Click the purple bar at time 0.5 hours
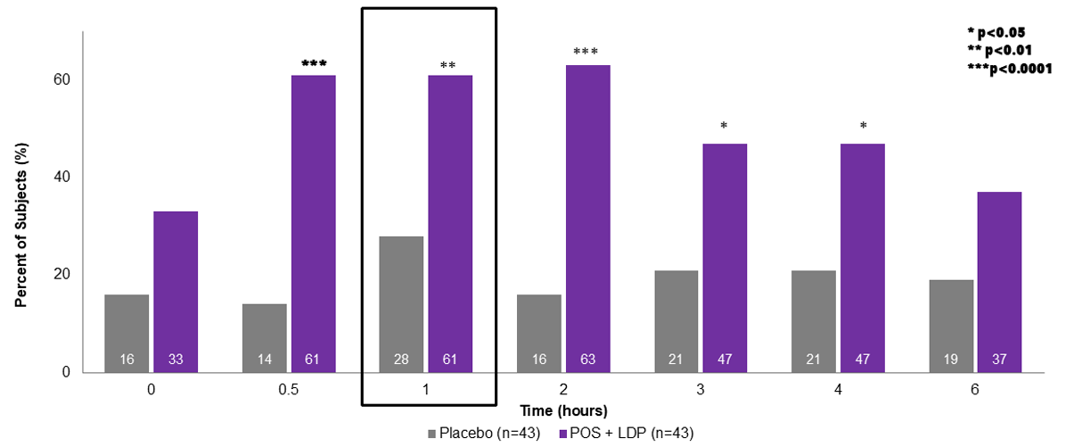point(313,223)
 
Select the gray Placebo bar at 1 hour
point(400,303)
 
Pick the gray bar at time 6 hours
point(951,326)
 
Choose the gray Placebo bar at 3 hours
point(676,321)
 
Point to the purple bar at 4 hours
point(863,258)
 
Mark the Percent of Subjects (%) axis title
point(21,203)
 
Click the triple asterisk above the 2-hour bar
point(586,52)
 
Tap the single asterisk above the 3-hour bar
point(724,127)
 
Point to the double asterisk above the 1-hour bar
point(448,65)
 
